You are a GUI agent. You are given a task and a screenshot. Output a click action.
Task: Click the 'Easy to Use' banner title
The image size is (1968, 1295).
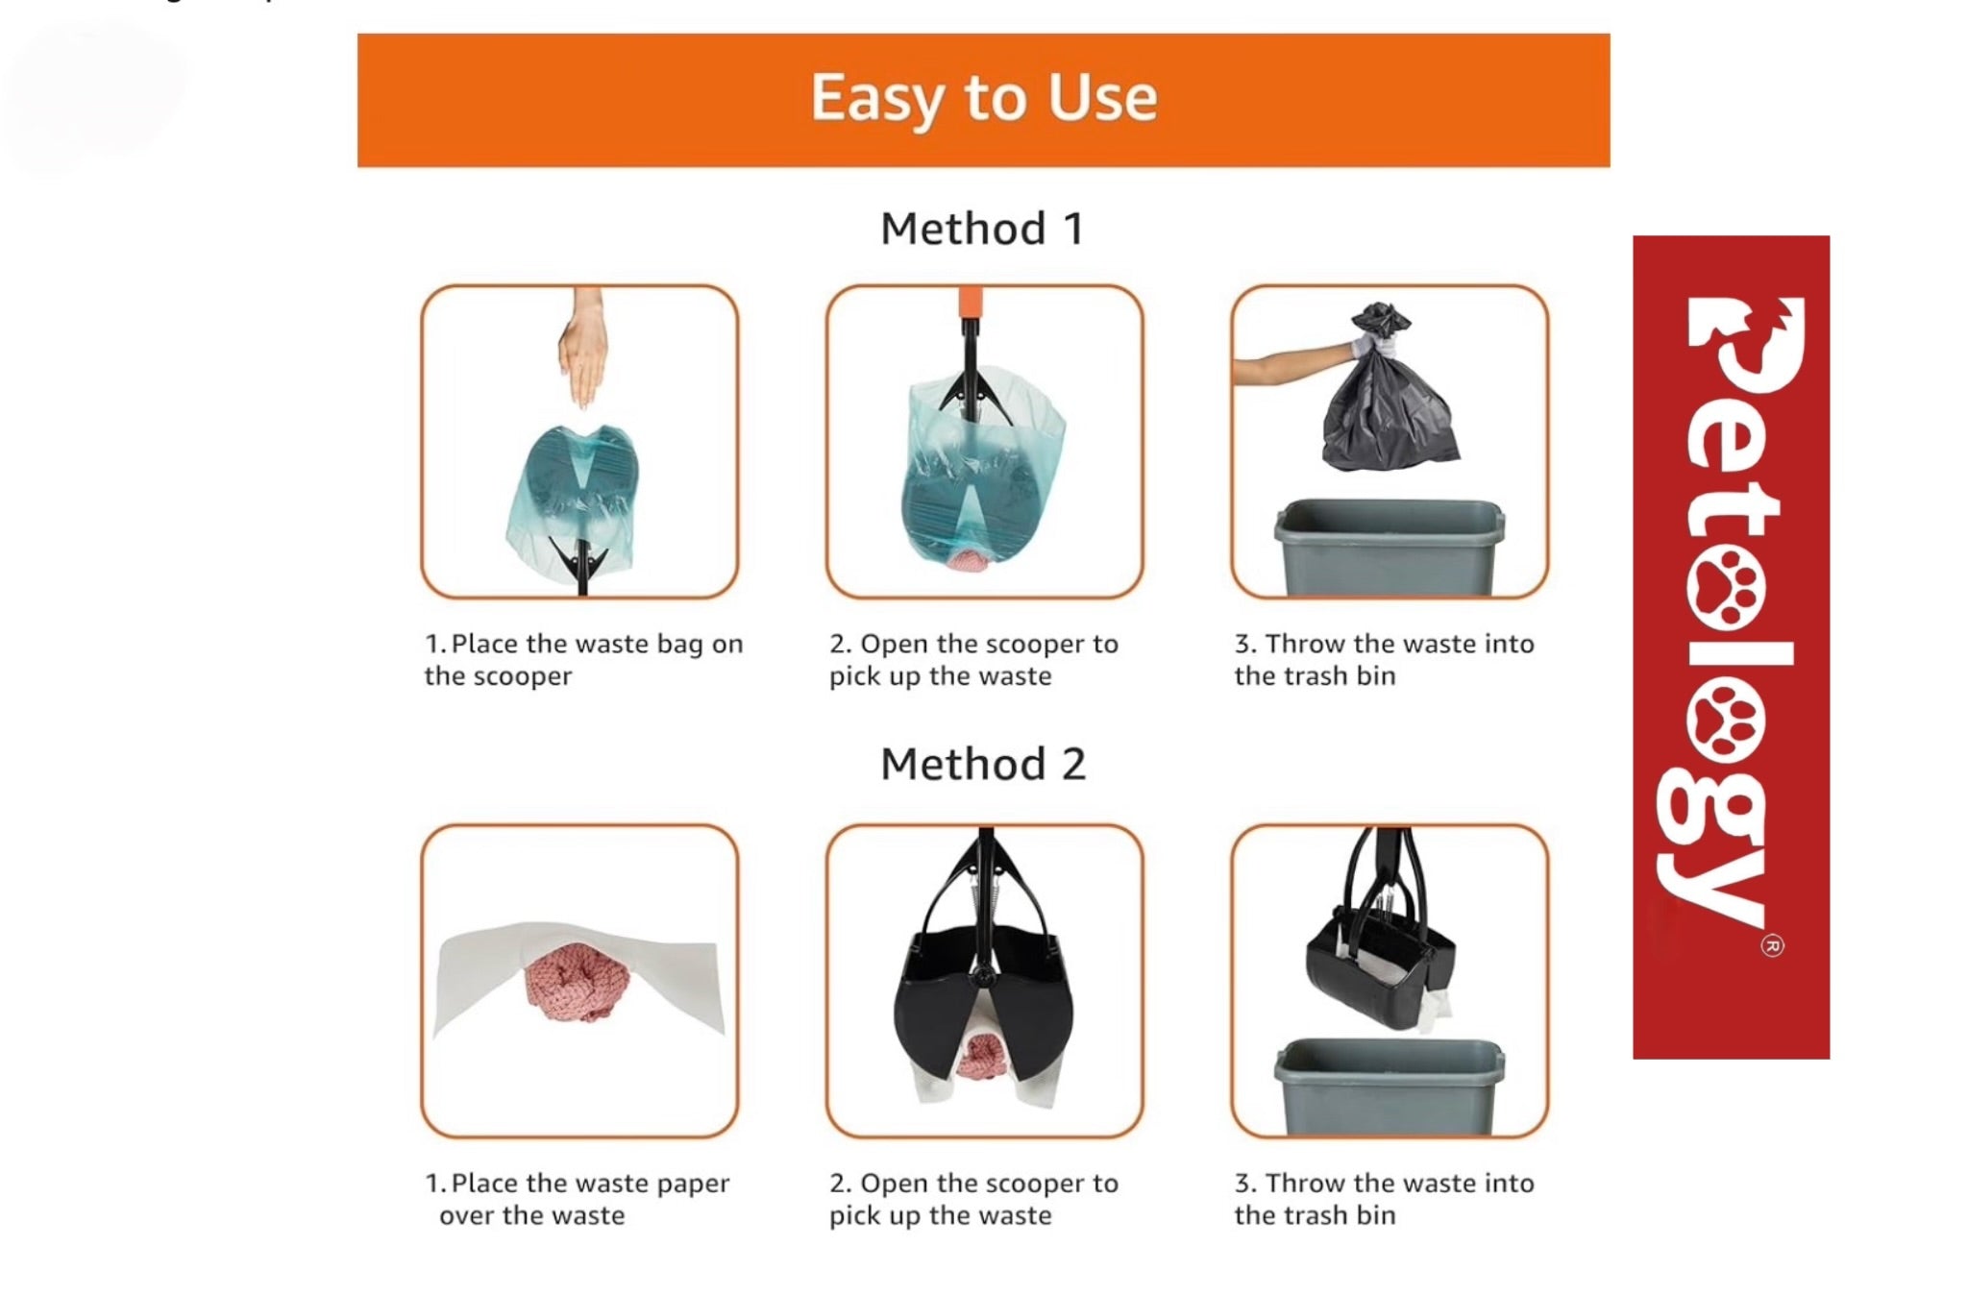[x=983, y=98]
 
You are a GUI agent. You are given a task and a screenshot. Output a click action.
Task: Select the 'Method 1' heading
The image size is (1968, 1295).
[x=982, y=230]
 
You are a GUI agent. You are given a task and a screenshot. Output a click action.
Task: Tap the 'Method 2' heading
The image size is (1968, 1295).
[x=982, y=765]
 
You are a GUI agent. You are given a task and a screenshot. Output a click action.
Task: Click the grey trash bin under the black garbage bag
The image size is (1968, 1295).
[x=1389, y=548]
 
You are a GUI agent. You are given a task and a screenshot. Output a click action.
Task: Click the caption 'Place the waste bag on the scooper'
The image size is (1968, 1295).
[x=583, y=660]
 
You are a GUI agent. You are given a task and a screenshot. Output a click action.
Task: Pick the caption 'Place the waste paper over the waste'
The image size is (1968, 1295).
[x=577, y=1199]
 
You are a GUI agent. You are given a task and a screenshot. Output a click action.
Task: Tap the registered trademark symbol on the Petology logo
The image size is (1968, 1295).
[x=1773, y=946]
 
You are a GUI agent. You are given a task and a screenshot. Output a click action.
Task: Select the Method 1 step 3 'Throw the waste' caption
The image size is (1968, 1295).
[x=1384, y=660]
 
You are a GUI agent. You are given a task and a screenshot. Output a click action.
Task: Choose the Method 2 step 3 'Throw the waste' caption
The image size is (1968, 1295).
[x=1384, y=1199]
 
